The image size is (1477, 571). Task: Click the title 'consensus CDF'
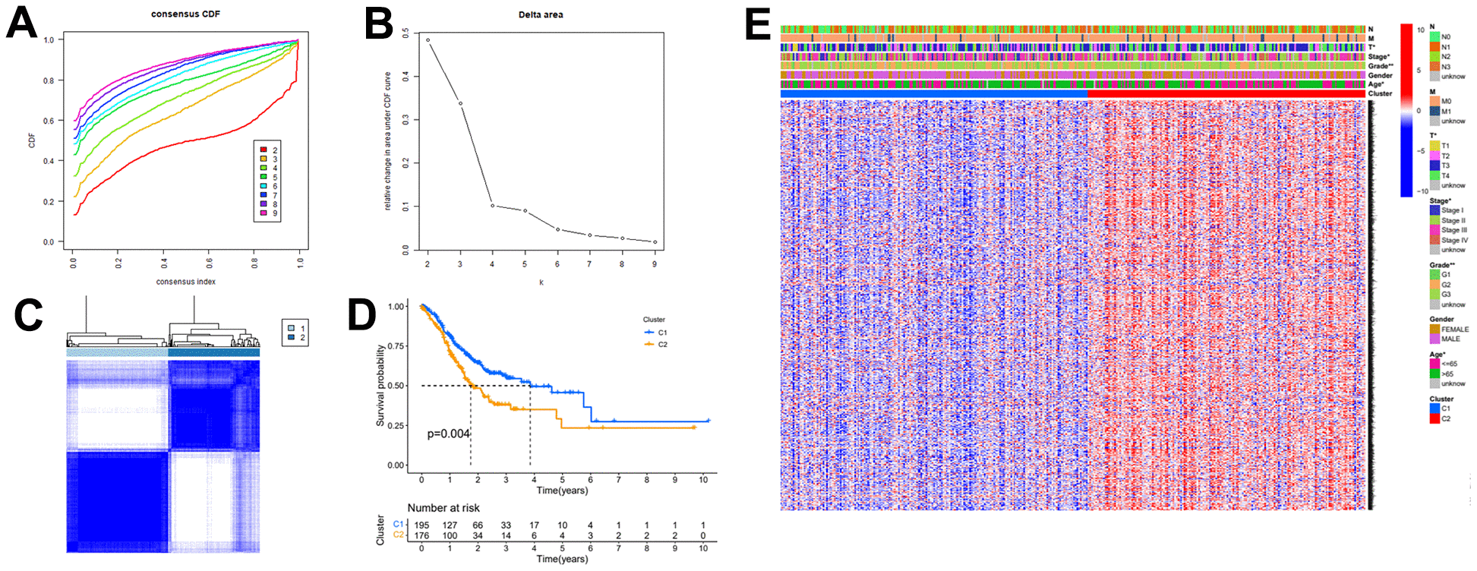click(185, 14)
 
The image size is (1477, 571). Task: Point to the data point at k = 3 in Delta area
click(460, 103)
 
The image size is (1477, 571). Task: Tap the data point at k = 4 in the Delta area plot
click(492, 205)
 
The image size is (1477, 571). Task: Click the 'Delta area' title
click(541, 14)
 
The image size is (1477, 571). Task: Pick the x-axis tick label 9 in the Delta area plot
click(655, 264)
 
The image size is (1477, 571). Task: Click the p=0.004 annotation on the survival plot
click(448, 434)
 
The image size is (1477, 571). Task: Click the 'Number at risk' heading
click(443, 508)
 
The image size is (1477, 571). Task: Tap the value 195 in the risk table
click(421, 525)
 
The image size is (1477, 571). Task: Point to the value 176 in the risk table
click(421, 535)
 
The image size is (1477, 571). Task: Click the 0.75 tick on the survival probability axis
click(396, 346)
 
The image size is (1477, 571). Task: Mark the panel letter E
click(758, 24)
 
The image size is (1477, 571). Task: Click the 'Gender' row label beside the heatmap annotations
click(1380, 75)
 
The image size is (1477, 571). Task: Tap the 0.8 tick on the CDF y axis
click(49, 80)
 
